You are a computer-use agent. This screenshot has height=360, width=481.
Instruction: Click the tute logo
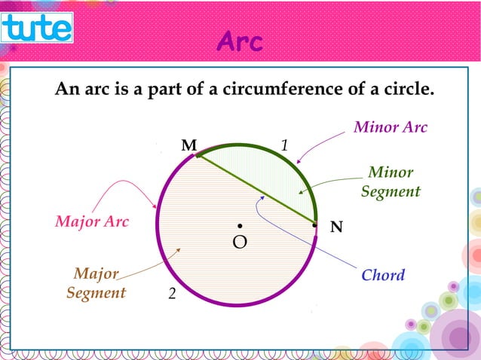pyautogui.click(x=37, y=28)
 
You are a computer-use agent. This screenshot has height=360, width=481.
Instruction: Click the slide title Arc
pyautogui.click(x=240, y=43)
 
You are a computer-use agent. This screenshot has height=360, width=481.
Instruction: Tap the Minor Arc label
pyautogui.click(x=391, y=127)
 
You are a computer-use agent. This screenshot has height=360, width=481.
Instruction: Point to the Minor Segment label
pyautogui.click(x=390, y=182)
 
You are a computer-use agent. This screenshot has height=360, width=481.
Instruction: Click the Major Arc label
pyautogui.click(x=92, y=222)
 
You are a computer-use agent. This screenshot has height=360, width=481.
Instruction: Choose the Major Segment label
pyautogui.click(x=96, y=282)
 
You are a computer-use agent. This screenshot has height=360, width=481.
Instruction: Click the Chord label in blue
pyautogui.click(x=383, y=275)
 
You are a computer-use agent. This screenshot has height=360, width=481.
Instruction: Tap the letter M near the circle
pyautogui.click(x=188, y=145)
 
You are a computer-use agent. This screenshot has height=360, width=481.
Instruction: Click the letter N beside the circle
pyautogui.click(x=336, y=226)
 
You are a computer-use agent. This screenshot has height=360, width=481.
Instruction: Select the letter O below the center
pyautogui.click(x=240, y=243)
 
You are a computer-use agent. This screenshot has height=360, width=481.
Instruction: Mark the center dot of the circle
pyautogui.click(x=239, y=225)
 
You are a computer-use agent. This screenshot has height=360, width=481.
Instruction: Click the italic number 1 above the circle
pyautogui.click(x=285, y=144)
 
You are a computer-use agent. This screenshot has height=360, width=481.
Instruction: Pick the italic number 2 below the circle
pyautogui.click(x=172, y=294)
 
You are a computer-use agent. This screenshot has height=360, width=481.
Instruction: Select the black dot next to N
pyautogui.click(x=314, y=224)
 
